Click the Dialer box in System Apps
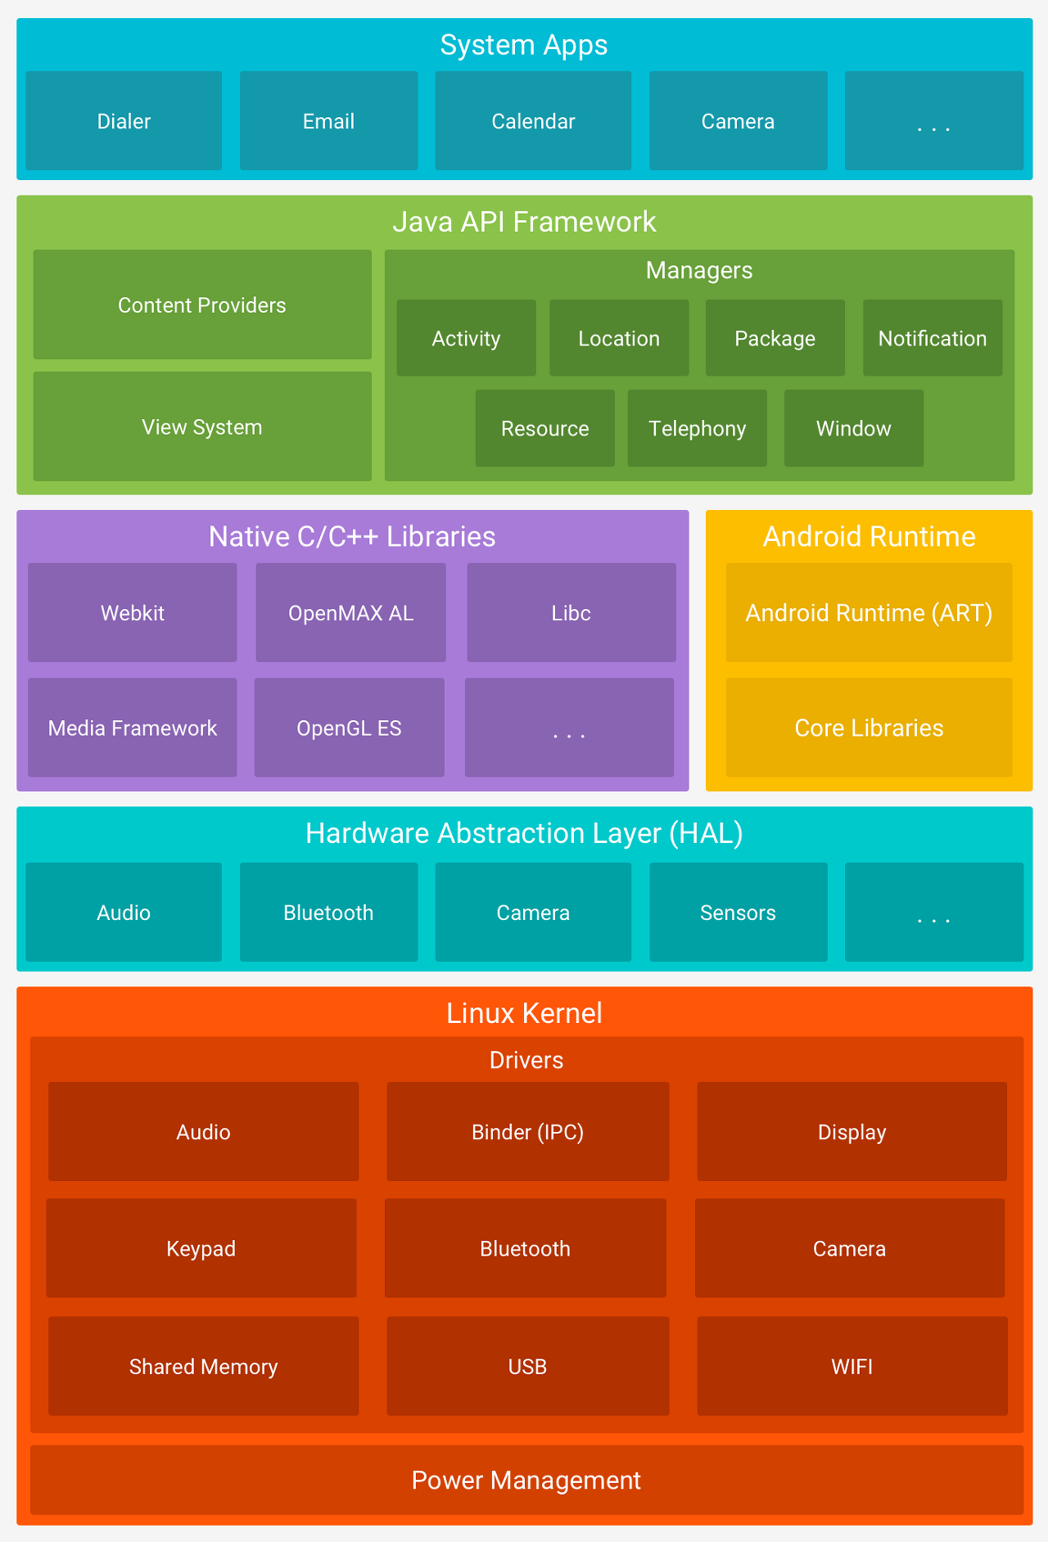(x=124, y=121)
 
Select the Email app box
(x=328, y=121)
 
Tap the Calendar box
(x=533, y=121)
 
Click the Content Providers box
(x=202, y=304)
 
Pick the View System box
(x=202, y=426)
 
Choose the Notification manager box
(x=933, y=338)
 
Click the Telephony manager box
(x=697, y=428)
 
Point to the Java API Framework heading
(x=524, y=222)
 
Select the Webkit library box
(x=133, y=612)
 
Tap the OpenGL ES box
(x=349, y=728)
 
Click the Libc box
(x=571, y=612)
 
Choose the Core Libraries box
(x=869, y=728)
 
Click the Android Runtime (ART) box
(x=869, y=612)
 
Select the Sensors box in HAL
(x=738, y=912)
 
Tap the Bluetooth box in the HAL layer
(x=328, y=912)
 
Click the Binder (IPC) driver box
(x=527, y=1132)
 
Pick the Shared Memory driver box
(x=203, y=1366)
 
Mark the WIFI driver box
(x=851, y=1366)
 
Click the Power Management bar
(x=526, y=1480)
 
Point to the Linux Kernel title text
(x=524, y=1013)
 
